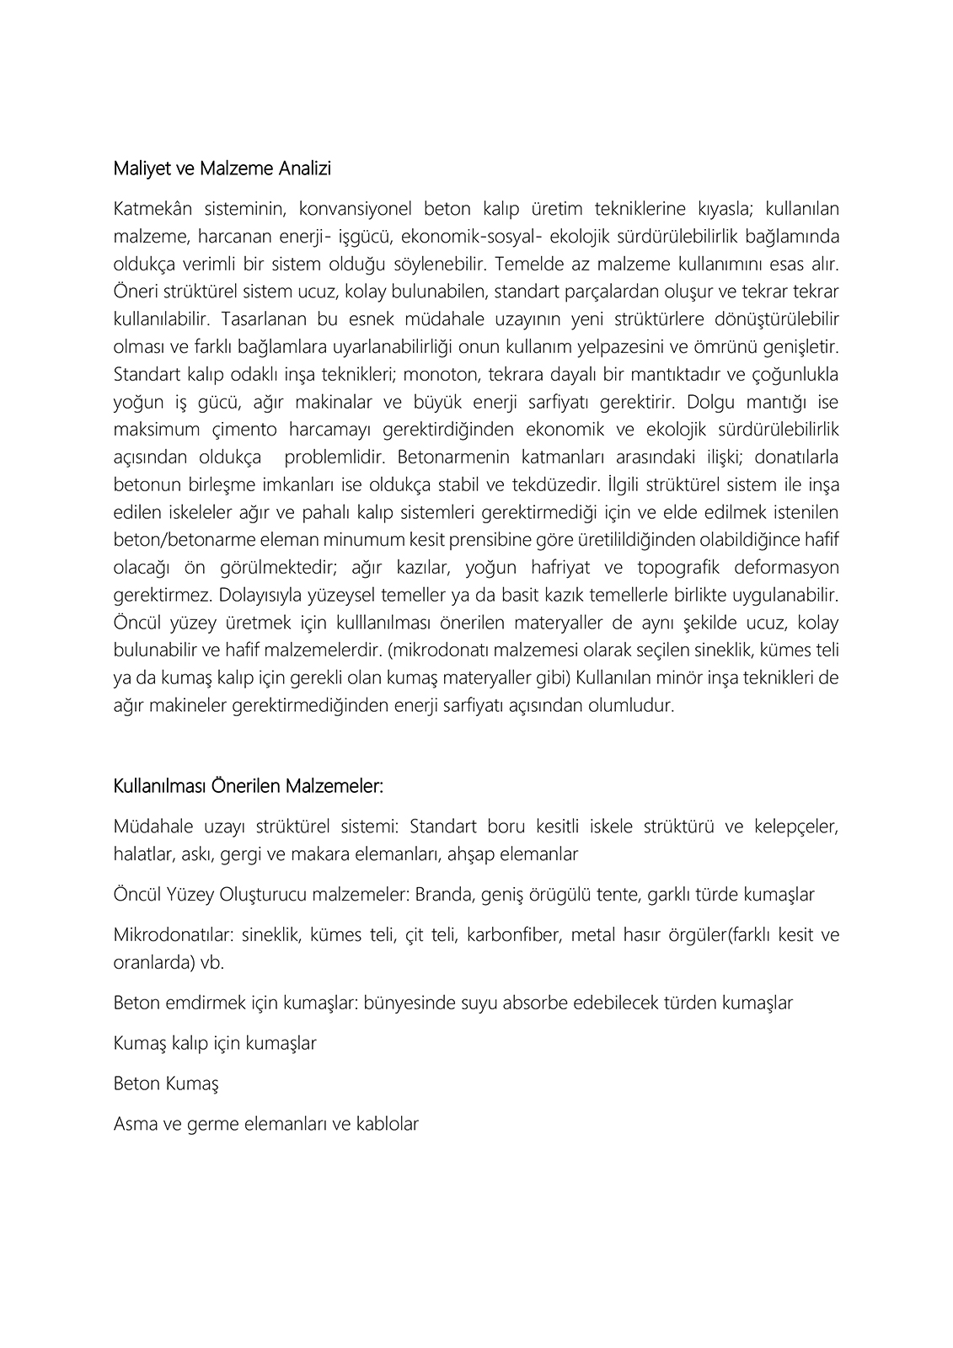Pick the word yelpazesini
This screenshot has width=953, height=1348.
coord(683,347)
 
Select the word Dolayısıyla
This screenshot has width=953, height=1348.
coord(260,596)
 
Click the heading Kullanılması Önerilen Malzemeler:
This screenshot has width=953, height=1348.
coord(248,786)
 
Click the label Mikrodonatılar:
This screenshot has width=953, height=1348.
coord(174,935)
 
